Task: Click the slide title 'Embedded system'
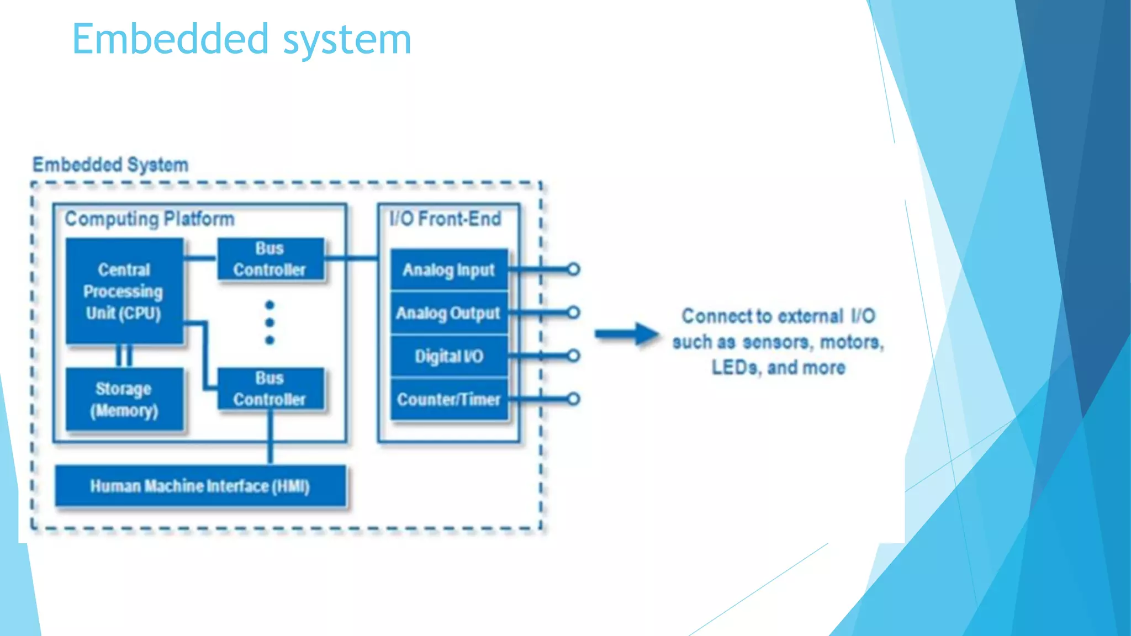point(241,40)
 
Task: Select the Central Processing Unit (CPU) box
point(124,291)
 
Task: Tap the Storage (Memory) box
point(124,399)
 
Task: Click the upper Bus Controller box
point(270,259)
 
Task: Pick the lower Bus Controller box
point(270,389)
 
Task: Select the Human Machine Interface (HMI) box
point(200,486)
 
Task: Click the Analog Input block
point(448,270)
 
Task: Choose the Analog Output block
point(448,313)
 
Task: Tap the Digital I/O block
point(448,356)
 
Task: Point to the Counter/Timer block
point(448,399)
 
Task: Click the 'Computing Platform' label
point(150,219)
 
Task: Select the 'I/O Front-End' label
point(445,219)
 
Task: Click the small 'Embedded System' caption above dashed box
point(110,165)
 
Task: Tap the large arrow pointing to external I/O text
point(626,334)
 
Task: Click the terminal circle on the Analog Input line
point(573,269)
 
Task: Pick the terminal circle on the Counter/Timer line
point(573,399)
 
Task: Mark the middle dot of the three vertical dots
point(269,322)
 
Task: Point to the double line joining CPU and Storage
point(124,356)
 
